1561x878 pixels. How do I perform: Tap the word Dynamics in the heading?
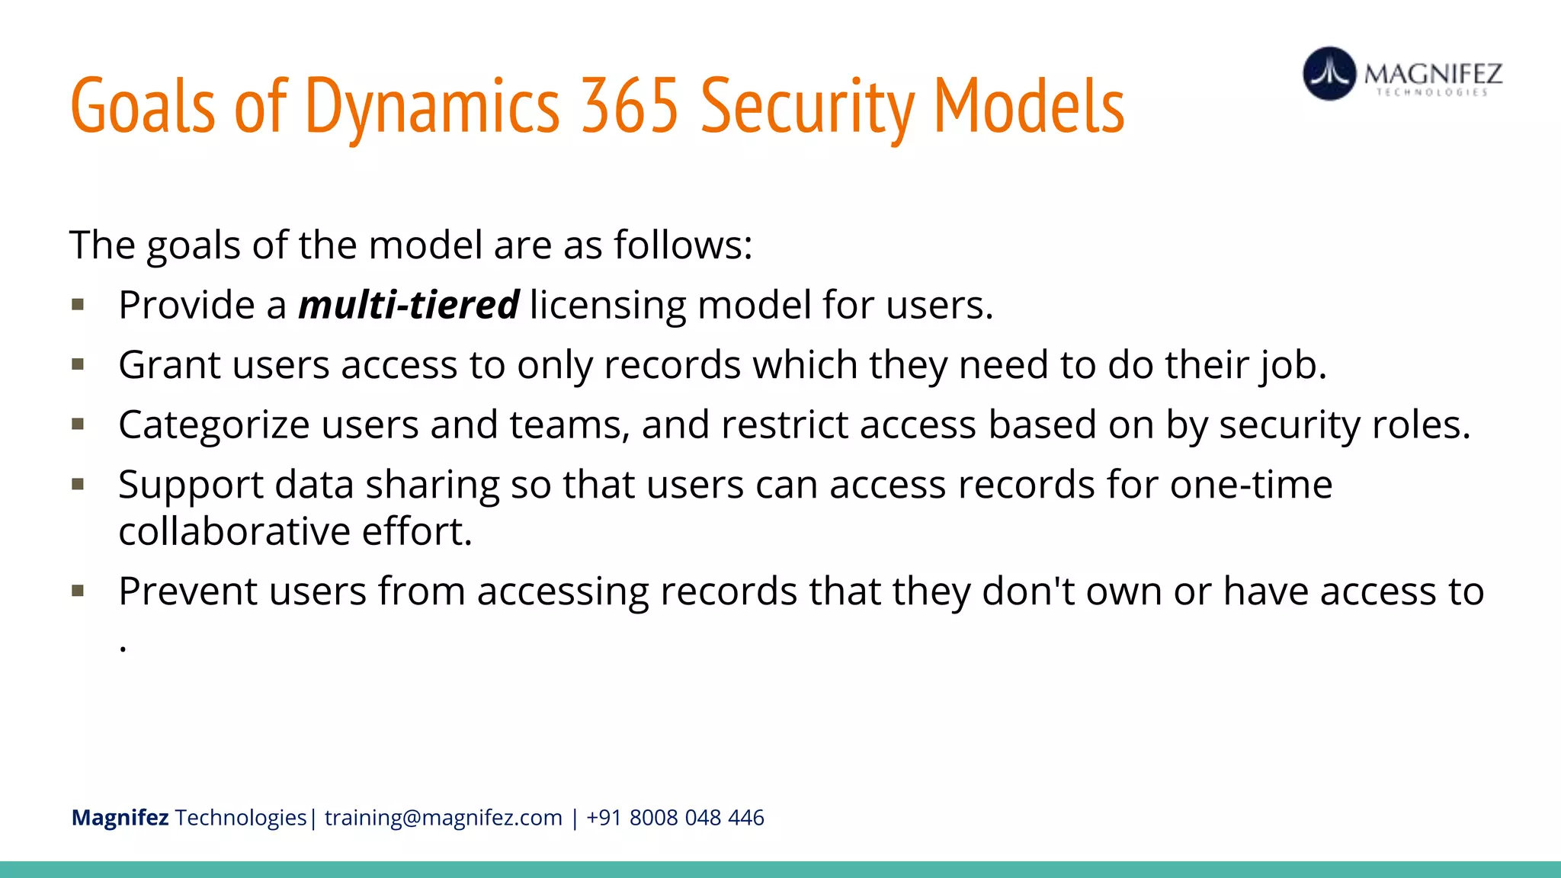432,106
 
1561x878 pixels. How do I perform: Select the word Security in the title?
807,106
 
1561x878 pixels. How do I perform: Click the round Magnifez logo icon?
1329,74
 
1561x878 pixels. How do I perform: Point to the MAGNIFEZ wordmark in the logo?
1433,74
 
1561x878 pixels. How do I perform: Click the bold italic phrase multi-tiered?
409,305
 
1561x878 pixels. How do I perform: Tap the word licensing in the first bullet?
607,305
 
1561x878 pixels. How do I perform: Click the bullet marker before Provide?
78,305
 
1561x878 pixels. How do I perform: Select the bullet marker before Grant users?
78,364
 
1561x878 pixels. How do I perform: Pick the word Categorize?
214,425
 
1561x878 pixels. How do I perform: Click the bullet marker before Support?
78,484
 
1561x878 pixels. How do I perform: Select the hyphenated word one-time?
1251,484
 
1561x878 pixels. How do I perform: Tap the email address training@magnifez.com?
443,818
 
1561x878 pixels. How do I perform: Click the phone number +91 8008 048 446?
675,818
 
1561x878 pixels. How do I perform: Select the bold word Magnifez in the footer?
120,818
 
